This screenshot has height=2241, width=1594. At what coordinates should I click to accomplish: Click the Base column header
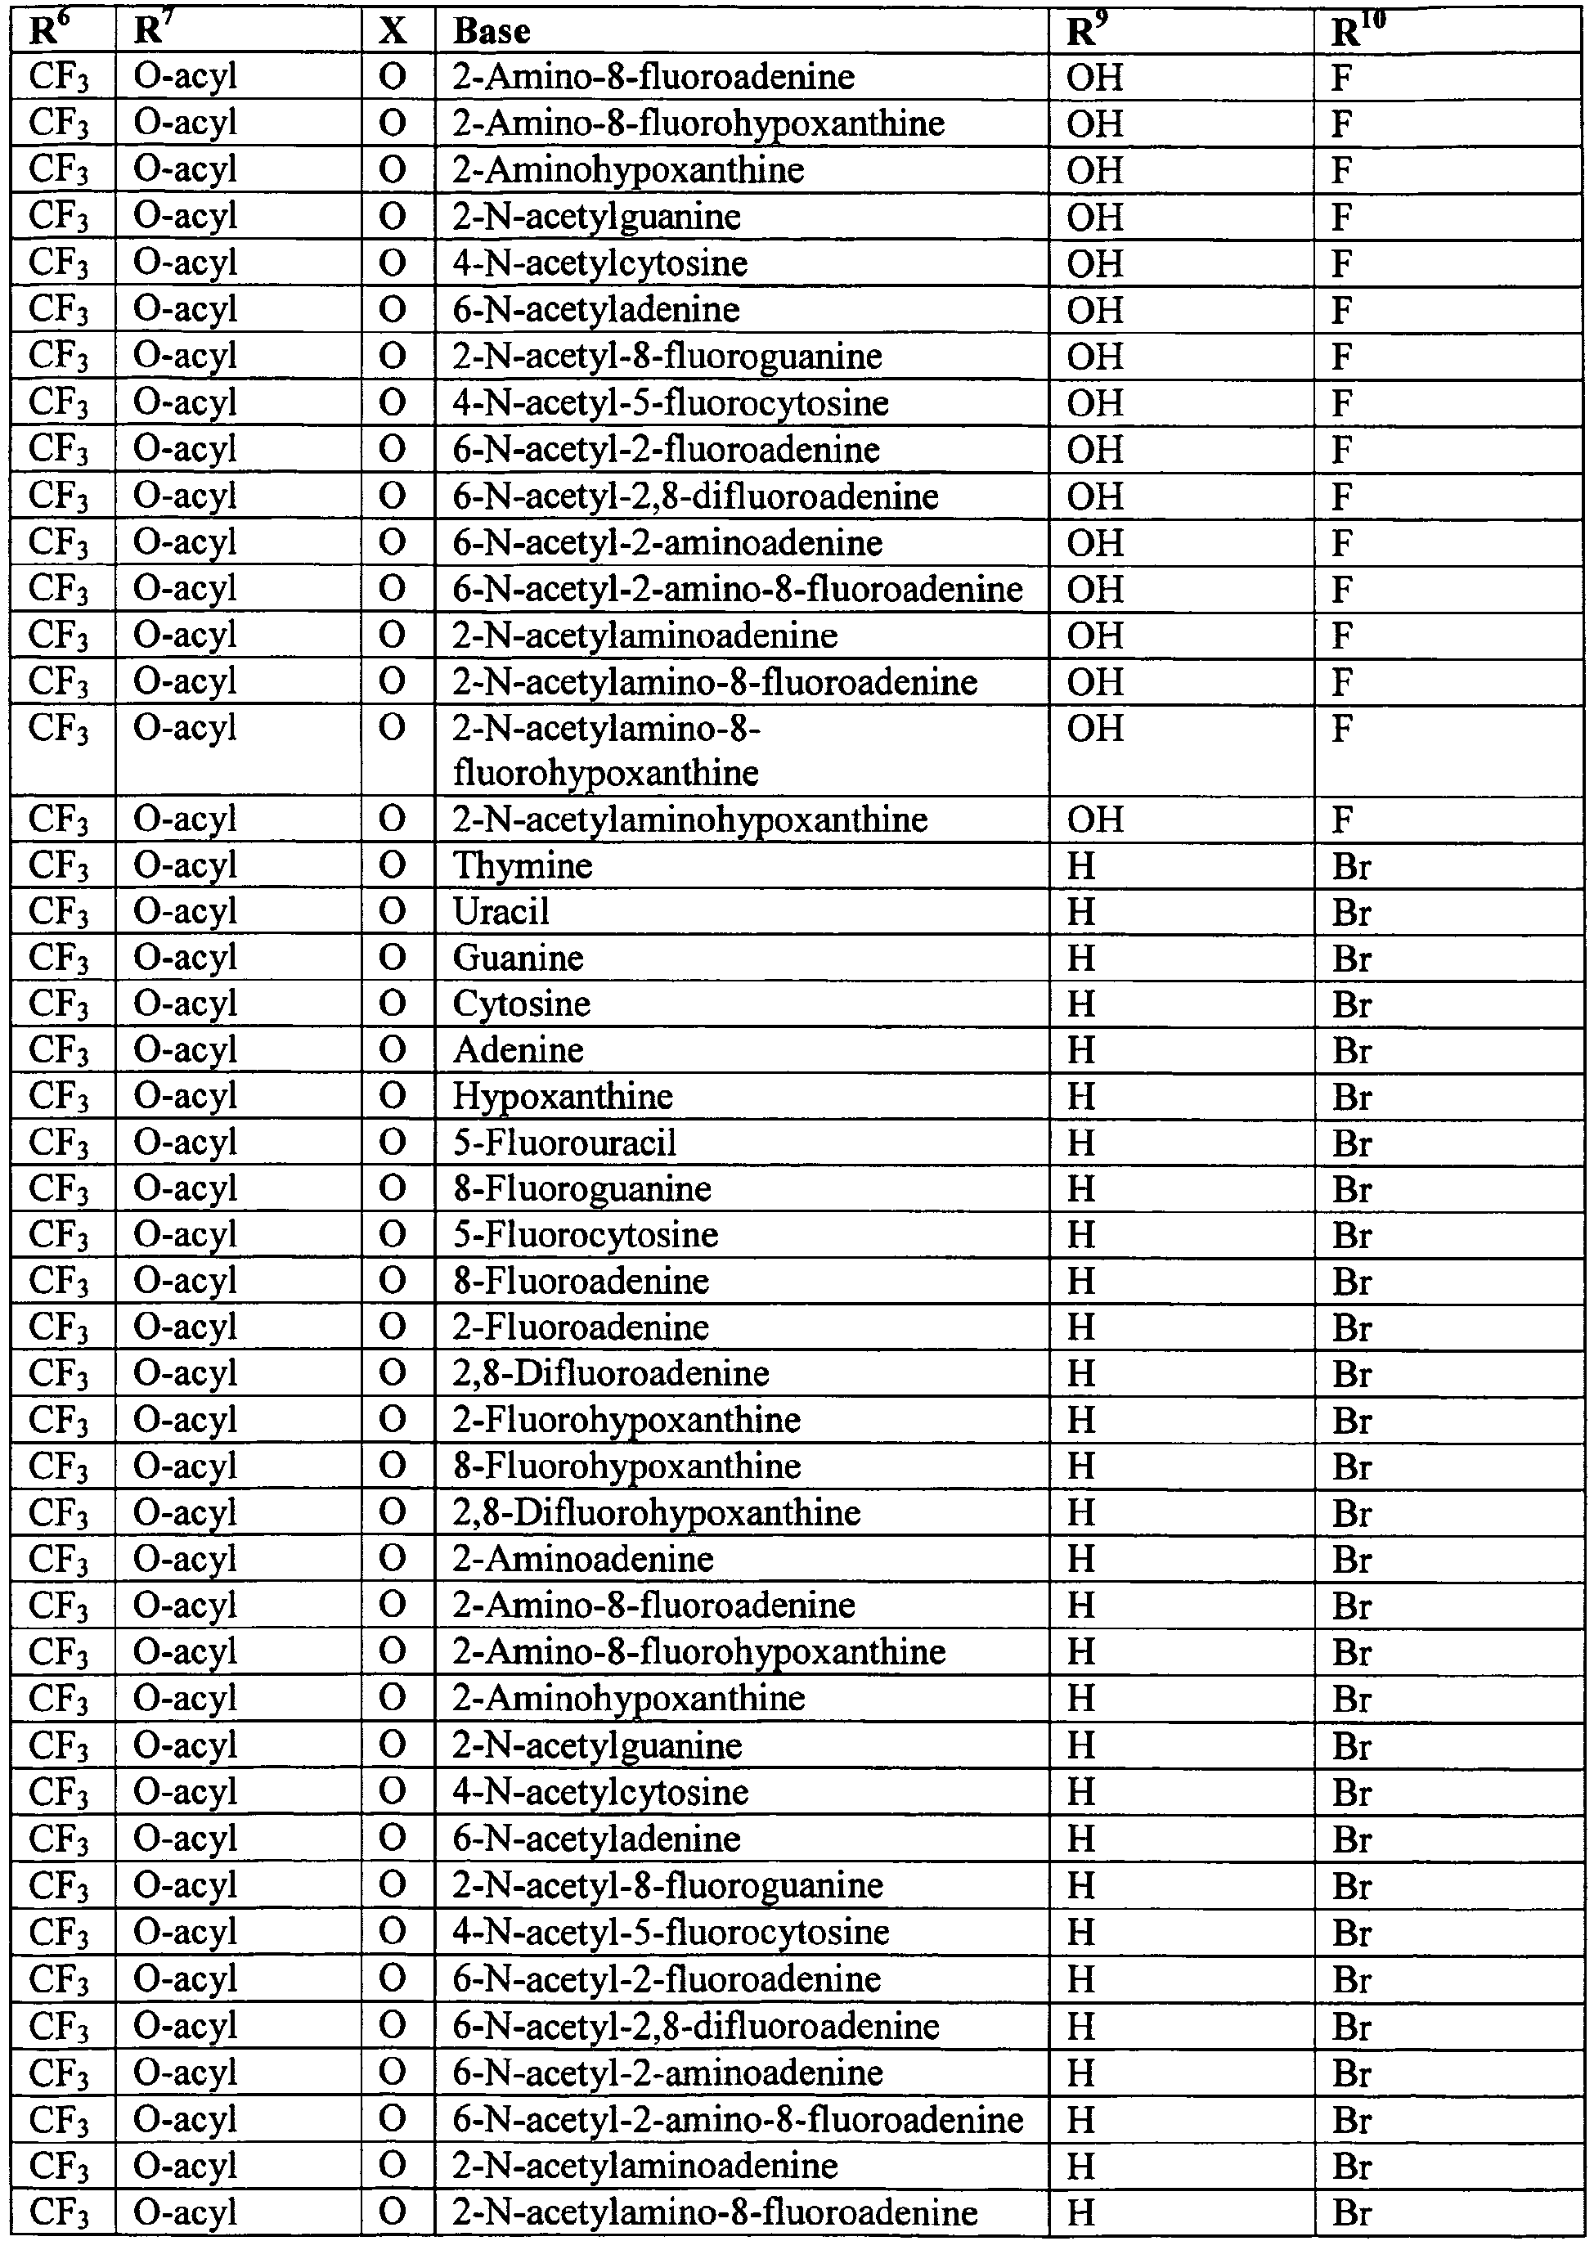pyautogui.click(x=492, y=31)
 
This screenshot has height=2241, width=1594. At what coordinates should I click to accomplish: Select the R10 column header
pyautogui.click(x=1358, y=31)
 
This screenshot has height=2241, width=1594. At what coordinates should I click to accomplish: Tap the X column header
pyautogui.click(x=393, y=31)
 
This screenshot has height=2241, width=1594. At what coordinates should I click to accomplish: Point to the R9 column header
pyautogui.click(x=1082, y=31)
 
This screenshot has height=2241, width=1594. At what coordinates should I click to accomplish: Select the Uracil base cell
pyautogui.click(x=501, y=912)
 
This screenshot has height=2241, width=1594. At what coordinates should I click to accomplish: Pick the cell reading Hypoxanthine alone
pyautogui.click(x=563, y=1095)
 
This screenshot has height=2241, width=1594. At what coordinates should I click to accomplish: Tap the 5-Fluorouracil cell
pyautogui.click(x=564, y=1142)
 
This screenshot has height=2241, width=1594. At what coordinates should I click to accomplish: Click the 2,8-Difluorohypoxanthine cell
pyautogui.click(x=657, y=1512)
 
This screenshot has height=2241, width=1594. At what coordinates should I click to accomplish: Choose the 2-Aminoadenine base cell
pyautogui.click(x=583, y=1559)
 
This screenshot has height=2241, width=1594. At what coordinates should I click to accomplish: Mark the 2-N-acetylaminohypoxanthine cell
pyautogui.click(x=690, y=819)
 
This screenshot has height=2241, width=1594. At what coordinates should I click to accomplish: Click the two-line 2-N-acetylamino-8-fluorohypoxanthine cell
pyautogui.click(x=605, y=750)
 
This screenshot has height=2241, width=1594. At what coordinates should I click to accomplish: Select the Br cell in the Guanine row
pyautogui.click(x=1352, y=958)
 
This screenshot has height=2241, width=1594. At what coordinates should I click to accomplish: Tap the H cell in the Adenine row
pyautogui.click(x=1080, y=1050)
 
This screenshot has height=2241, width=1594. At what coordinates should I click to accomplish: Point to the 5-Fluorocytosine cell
pyautogui.click(x=585, y=1235)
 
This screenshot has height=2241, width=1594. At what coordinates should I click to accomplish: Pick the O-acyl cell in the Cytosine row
pyautogui.click(x=186, y=1004)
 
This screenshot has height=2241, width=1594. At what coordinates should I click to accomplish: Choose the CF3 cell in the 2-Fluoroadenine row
pyautogui.click(x=59, y=1327)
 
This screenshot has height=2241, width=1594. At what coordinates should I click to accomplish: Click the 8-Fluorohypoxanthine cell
pyautogui.click(x=626, y=1466)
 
